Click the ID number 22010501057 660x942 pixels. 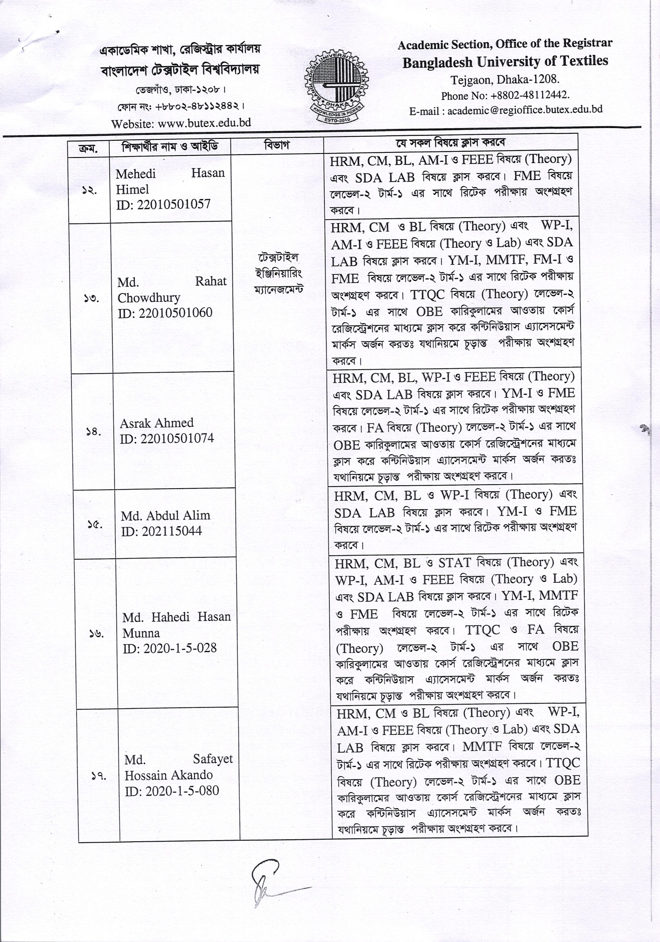(173, 204)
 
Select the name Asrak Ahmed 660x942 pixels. (156, 423)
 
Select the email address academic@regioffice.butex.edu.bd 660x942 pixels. (525, 110)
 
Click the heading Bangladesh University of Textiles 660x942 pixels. (505, 61)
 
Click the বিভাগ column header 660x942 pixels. (277, 145)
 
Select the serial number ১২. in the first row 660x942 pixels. (89, 191)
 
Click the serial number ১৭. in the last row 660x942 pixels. (99, 776)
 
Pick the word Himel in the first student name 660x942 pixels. (132, 190)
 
